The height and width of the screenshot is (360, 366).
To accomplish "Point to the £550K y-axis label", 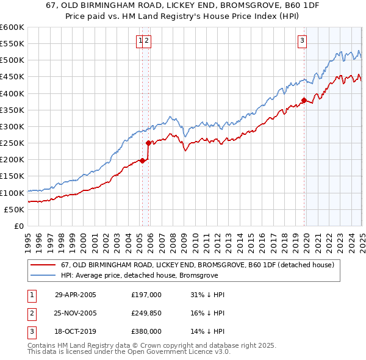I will pyautogui.click(x=12, y=44).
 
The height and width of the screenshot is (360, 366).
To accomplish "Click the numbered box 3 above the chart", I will pyautogui.click(x=302, y=41).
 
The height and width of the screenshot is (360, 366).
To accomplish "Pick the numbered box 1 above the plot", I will pyautogui.click(x=140, y=41).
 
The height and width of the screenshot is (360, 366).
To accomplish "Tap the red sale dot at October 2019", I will pyautogui.click(x=304, y=101).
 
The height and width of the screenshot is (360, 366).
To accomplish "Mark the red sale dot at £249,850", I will pyautogui.click(x=148, y=143).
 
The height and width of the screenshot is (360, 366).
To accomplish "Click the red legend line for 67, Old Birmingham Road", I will pyautogui.click(x=43, y=265).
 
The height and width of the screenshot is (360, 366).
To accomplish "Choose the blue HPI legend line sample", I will pyautogui.click(x=43, y=275).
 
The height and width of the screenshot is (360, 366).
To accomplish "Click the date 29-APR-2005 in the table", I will pyautogui.click(x=76, y=295).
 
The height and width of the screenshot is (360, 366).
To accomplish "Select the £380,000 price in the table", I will pyautogui.click(x=146, y=331).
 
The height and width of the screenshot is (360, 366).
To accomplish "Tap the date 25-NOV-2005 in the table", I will pyautogui.click(x=76, y=313).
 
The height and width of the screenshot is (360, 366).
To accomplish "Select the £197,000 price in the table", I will pyautogui.click(x=146, y=295).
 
